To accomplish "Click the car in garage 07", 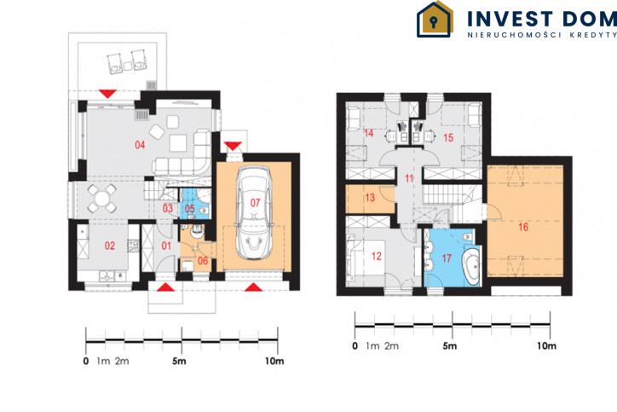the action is (x=253, y=212).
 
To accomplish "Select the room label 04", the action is (x=140, y=145).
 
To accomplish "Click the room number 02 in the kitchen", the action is (x=109, y=246).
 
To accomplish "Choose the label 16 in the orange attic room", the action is (x=523, y=227).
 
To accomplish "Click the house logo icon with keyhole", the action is (x=435, y=20).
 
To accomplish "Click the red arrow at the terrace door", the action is (x=107, y=94).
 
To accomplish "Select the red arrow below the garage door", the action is (x=253, y=287).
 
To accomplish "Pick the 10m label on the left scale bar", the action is (x=274, y=361).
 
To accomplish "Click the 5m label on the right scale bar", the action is (x=449, y=345).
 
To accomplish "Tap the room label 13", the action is (x=370, y=197).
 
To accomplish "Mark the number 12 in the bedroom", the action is (x=376, y=257).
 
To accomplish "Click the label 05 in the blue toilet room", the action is (x=190, y=209).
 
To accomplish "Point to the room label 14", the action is (x=368, y=133).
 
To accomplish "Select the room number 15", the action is (x=448, y=138).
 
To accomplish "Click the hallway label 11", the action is (x=409, y=178).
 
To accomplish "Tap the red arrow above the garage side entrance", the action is (x=233, y=146).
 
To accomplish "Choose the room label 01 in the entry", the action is (x=166, y=247).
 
